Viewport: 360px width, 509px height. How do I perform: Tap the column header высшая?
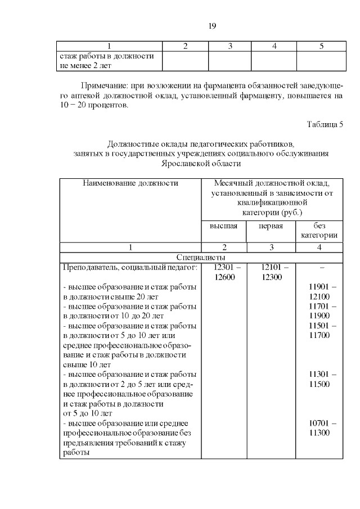pyautogui.click(x=223, y=226)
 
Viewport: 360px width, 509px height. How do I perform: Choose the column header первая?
pyautogui.click(x=270, y=226)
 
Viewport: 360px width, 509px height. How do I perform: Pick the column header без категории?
pyautogui.click(x=318, y=231)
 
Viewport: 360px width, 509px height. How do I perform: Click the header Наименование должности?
pyautogui.click(x=130, y=183)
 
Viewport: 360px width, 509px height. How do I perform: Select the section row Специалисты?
pyautogui.click(x=201, y=257)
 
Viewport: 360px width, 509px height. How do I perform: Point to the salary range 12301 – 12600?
pyautogui.click(x=223, y=272)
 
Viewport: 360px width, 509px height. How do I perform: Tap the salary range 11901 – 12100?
pyautogui.click(x=318, y=291)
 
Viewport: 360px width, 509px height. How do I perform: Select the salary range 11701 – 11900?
pyautogui.click(x=318, y=310)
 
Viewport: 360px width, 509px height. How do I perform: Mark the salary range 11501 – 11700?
pyautogui.click(x=318, y=330)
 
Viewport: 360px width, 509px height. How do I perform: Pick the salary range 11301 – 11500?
pyautogui.click(x=318, y=379)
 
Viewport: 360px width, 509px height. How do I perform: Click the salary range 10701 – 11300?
pyautogui.click(x=318, y=427)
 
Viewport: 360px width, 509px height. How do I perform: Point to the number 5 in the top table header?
pyautogui.click(x=321, y=46)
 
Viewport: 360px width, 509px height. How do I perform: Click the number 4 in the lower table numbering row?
pyautogui.click(x=318, y=247)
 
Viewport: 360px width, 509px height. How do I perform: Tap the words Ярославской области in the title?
pyautogui.click(x=201, y=164)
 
